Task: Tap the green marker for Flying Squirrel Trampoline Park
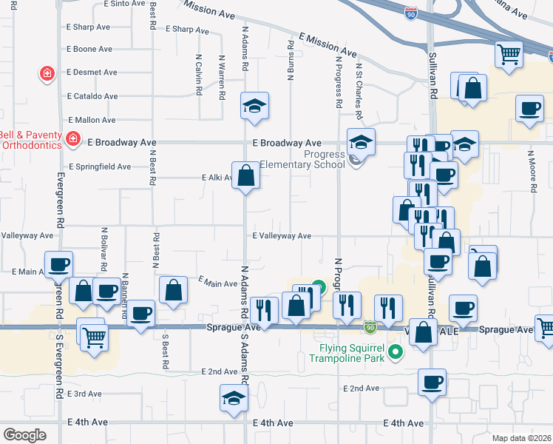point(396,353)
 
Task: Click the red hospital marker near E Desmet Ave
point(47,73)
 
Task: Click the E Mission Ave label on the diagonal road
point(328,45)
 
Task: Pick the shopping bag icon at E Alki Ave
point(246,176)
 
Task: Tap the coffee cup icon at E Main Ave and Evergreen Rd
point(58,264)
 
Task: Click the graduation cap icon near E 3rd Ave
point(234,398)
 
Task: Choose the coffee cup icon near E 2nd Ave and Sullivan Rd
point(432,383)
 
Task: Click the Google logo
point(24,435)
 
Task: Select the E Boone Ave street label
point(89,50)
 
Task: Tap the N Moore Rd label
point(531,172)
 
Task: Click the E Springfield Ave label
point(99,167)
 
